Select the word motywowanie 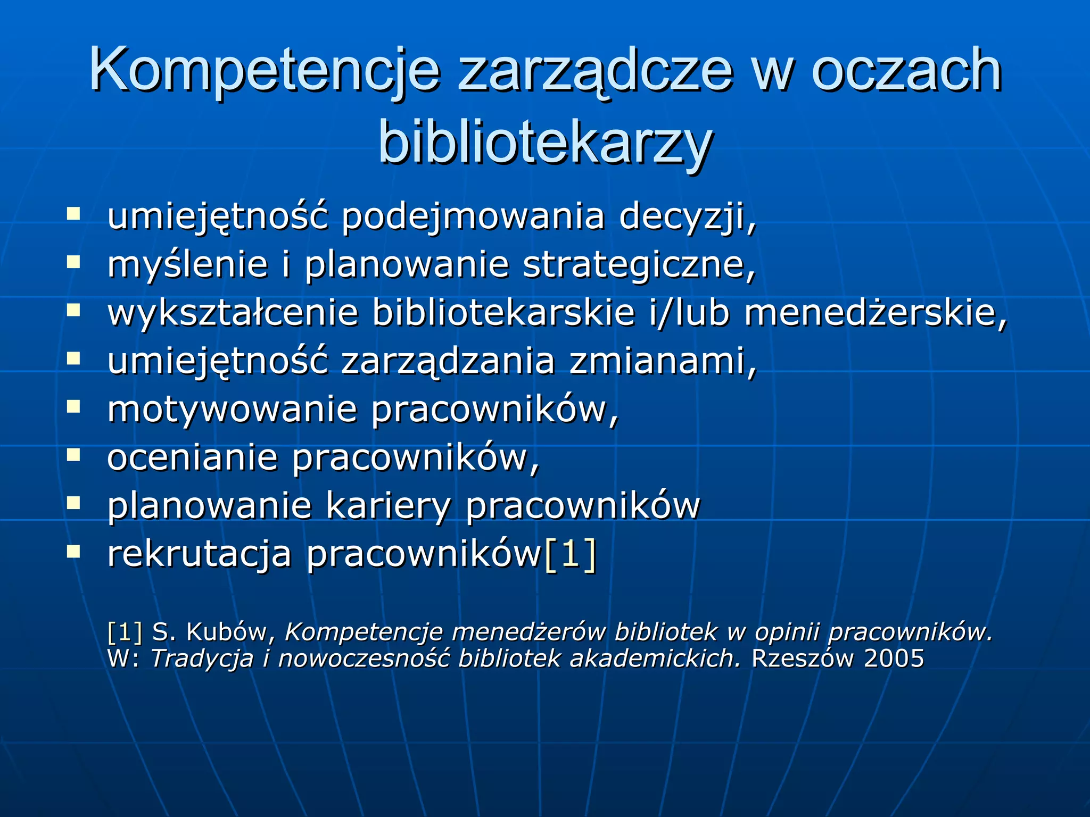tap(232, 410)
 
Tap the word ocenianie tap(192, 457)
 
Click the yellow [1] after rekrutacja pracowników tap(569, 554)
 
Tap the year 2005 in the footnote tap(894, 658)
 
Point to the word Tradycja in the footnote tap(202, 658)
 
